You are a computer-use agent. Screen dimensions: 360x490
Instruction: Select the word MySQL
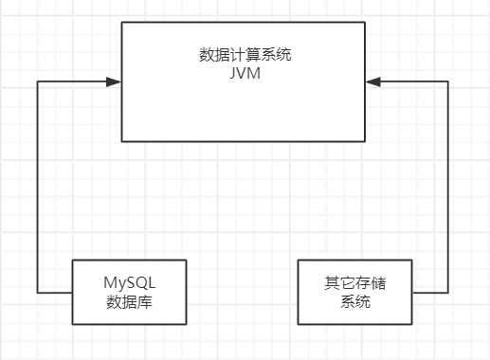coord(129,283)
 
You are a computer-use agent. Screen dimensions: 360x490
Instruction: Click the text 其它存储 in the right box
coord(354,283)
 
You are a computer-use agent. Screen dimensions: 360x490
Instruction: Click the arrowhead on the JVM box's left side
coord(115,83)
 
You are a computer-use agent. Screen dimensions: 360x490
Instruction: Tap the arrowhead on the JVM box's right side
coord(373,83)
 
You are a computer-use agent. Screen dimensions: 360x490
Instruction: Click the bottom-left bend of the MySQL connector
coord(37,292)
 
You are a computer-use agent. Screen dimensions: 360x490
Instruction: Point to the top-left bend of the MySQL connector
coord(37,83)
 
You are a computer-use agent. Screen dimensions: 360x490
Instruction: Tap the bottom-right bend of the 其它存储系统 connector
coord(447,293)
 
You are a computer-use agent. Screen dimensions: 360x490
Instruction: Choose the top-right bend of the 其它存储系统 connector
coord(447,83)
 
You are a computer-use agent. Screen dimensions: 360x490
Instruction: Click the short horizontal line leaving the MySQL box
coord(55,292)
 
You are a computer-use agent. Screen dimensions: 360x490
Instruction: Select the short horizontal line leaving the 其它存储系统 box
coord(429,293)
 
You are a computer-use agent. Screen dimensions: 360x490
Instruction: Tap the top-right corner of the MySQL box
coord(187,260)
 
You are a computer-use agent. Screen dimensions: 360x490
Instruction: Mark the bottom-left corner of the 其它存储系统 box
coord(298,325)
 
